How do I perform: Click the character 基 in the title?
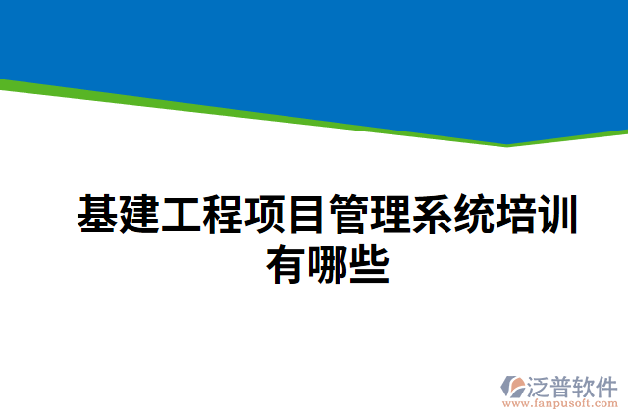point(98,215)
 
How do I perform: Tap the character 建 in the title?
point(139,215)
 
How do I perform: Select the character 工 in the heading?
point(182,215)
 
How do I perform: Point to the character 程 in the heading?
point(223,215)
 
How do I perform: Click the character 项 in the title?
point(265,215)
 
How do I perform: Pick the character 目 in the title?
point(306,215)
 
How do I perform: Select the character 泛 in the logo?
point(545,384)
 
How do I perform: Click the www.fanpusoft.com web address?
point(559,403)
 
